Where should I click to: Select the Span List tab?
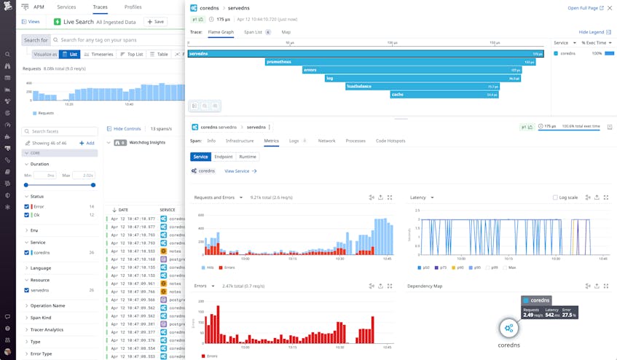tap(254, 32)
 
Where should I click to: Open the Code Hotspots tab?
tap(390, 141)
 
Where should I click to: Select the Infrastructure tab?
tap(240, 141)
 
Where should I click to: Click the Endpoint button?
tap(224, 157)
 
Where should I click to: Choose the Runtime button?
tap(248, 157)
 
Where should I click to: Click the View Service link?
tap(240, 171)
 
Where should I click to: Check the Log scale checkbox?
tap(555, 197)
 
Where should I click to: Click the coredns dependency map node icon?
tap(508, 328)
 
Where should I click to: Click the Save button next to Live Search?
tap(154, 22)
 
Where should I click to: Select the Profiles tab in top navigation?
tap(133, 7)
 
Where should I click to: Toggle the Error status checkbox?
tap(27, 206)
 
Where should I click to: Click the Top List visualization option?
tap(131, 54)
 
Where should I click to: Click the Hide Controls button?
tap(125, 128)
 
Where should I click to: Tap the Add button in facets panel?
tap(87, 143)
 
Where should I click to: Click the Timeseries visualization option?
tap(98, 54)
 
